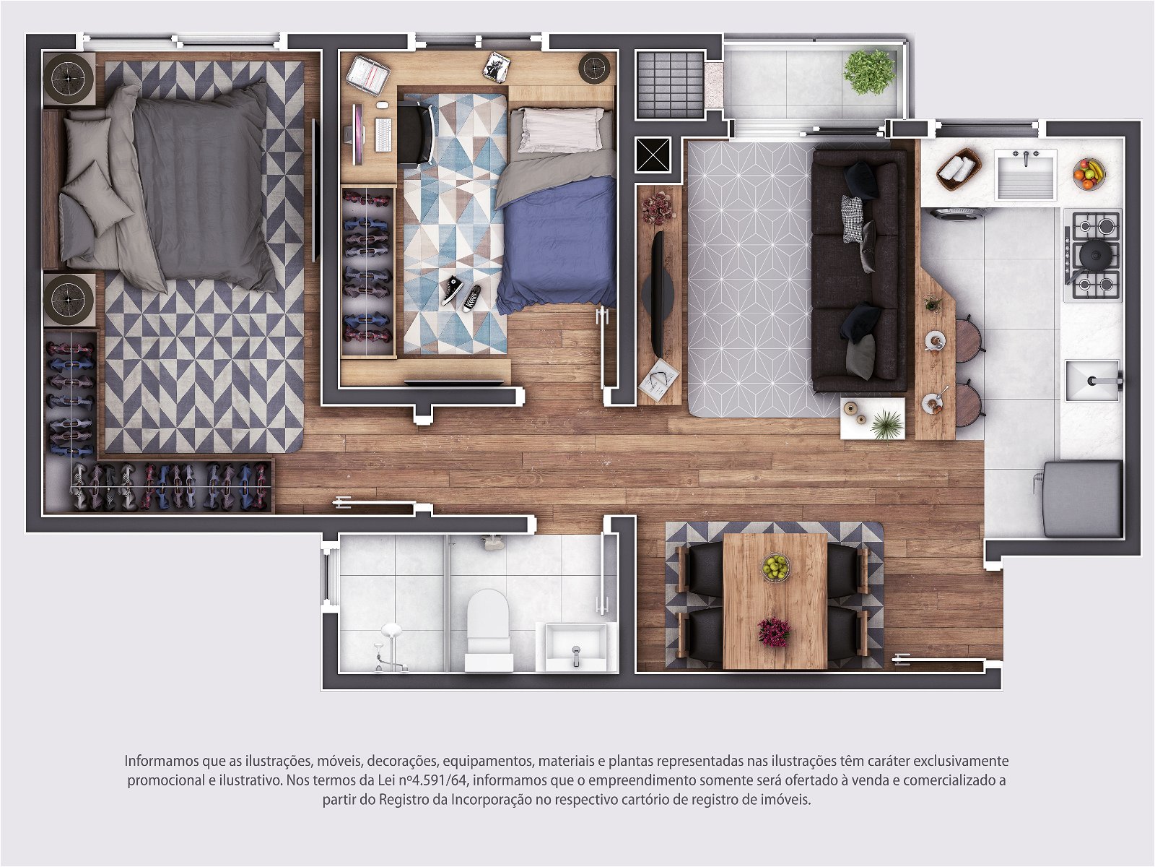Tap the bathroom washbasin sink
[x=575, y=647]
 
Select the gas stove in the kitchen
[x=1093, y=255]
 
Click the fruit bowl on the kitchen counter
[x=1089, y=173]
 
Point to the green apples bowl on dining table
[x=775, y=567]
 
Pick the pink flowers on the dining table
[x=774, y=632]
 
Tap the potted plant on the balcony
[x=869, y=72]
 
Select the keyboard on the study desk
[x=383, y=134]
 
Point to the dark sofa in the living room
[x=859, y=271]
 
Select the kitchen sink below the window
[x=1026, y=174]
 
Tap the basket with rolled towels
[x=959, y=169]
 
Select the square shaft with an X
[x=653, y=155]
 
